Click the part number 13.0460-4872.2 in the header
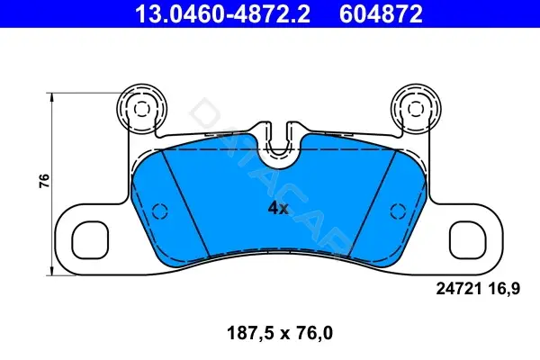pyautogui.click(x=223, y=13)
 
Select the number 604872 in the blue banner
pyautogui.click(x=381, y=13)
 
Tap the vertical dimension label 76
pyautogui.click(x=44, y=181)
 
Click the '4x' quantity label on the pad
pyautogui.click(x=278, y=208)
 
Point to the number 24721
pyautogui.click(x=459, y=289)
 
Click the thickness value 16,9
pyautogui.click(x=503, y=289)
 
